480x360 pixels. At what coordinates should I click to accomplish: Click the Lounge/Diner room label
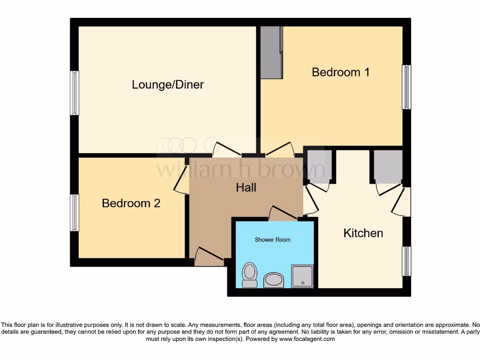[x=168, y=85]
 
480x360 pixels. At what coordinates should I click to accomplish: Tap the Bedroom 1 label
[x=341, y=72]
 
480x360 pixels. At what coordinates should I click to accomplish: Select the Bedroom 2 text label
[x=131, y=203]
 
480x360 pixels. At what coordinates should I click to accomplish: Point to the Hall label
[x=246, y=187]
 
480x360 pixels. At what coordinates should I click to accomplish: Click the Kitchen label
[x=363, y=233]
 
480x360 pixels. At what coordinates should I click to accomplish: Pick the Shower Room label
[x=272, y=240]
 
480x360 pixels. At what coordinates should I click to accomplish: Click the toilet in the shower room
[x=249, y=274]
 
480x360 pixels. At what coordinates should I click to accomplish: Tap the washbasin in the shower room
[x=273, y=280]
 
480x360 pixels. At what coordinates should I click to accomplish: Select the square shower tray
[x=302, y=276]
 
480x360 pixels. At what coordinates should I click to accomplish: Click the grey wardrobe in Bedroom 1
[x=271, y=52]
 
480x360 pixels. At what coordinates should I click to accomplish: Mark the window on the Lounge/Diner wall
[x=75, y=93]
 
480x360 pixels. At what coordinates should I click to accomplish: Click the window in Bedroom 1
[x=407, y=87]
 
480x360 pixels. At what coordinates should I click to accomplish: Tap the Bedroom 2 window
[x=75, y=213]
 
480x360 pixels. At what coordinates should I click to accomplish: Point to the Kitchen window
[x=407, y=261]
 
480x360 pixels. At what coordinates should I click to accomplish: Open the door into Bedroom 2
[x=181, y=180]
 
